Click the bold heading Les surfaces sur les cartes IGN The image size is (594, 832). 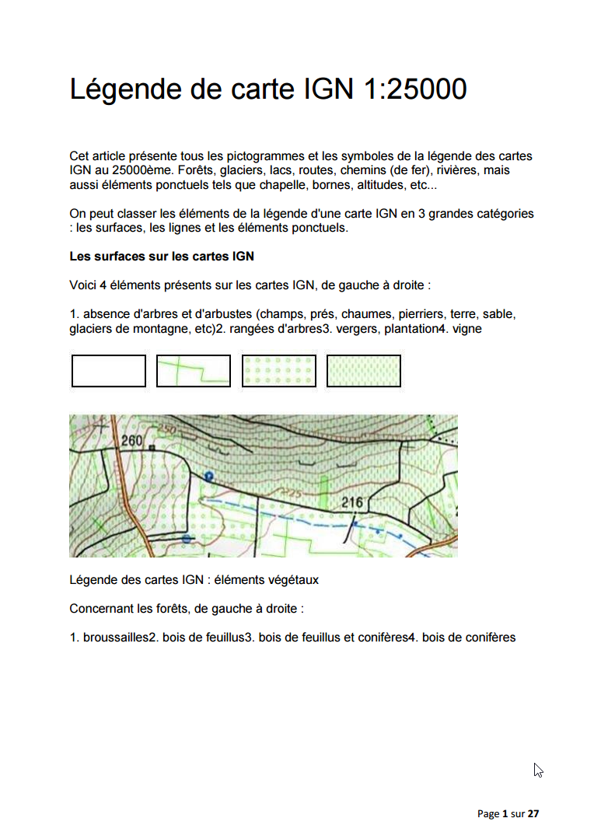[x=162, y=256]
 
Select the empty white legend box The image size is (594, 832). [x=108, y=371]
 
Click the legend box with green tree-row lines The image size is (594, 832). [x=194, y=371]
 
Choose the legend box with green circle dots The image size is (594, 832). [x=279, y=371]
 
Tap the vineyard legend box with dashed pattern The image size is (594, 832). [x=364, y=371]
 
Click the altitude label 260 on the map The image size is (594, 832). [x=133, y=441]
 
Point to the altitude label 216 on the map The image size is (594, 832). [x=352, y=503]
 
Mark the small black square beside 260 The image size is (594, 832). [x=153, y=449]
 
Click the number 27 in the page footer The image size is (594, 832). [x=533, y=814]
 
